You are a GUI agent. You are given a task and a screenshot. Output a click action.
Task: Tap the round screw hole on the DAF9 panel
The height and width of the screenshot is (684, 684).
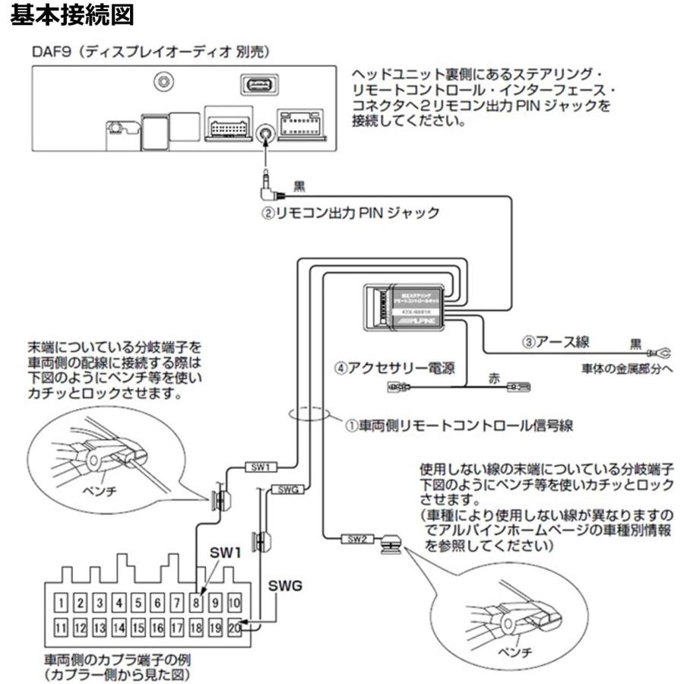161,82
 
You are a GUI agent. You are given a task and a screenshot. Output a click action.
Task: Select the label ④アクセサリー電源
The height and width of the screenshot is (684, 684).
395,369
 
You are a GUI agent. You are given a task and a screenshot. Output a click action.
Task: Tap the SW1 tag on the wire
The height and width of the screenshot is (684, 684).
260,467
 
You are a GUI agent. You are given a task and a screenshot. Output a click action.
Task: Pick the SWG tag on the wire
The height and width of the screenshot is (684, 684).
287,490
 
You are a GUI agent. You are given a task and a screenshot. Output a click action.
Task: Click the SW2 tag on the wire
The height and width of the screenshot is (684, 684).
356,539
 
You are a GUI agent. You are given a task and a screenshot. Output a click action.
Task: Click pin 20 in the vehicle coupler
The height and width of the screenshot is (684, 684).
235,628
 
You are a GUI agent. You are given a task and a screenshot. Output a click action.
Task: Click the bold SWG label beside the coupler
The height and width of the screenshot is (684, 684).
285,587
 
